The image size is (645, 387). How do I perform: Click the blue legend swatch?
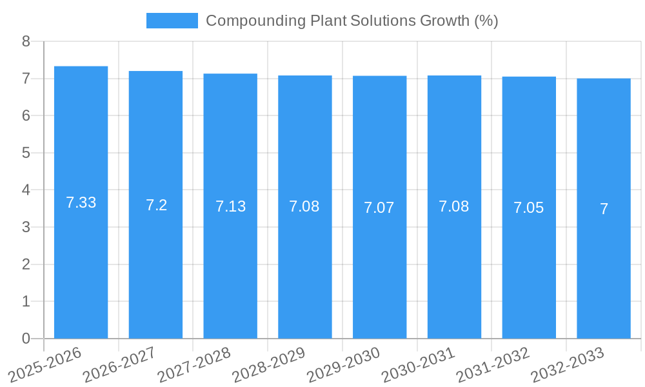pos(172,21)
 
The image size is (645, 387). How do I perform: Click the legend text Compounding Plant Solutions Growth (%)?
pos(352,21)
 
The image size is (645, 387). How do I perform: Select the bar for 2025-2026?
pos(81,258)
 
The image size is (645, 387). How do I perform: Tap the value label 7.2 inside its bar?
pos(156,205)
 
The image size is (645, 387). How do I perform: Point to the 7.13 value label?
pos(230,206)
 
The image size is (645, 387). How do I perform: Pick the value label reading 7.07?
pos(379,208)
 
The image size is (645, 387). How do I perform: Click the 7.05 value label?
pos(528,208)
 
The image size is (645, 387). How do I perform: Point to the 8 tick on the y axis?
pos(26,41)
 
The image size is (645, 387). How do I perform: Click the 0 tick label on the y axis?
pos(26,339)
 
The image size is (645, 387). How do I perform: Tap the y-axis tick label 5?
pos(26,153)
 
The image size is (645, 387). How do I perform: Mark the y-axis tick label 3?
pos(26,227)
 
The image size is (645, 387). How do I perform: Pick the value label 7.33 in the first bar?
pos(81,203)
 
